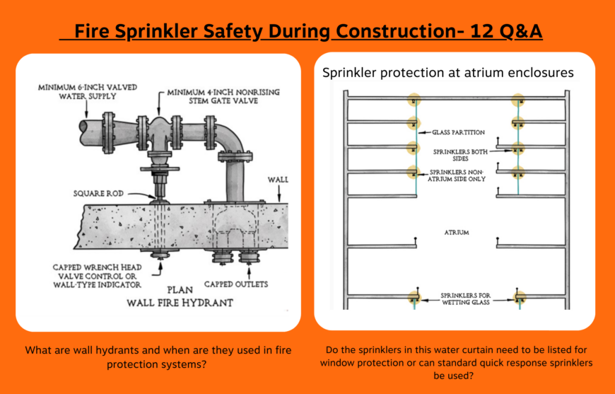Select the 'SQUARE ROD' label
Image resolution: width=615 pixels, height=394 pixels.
(99, 193)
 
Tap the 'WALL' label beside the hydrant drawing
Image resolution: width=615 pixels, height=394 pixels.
(278, 180)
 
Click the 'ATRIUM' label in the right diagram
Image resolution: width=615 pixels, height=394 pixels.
(456, 232)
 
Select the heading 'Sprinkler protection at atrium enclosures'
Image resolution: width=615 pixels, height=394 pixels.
(447, 73)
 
